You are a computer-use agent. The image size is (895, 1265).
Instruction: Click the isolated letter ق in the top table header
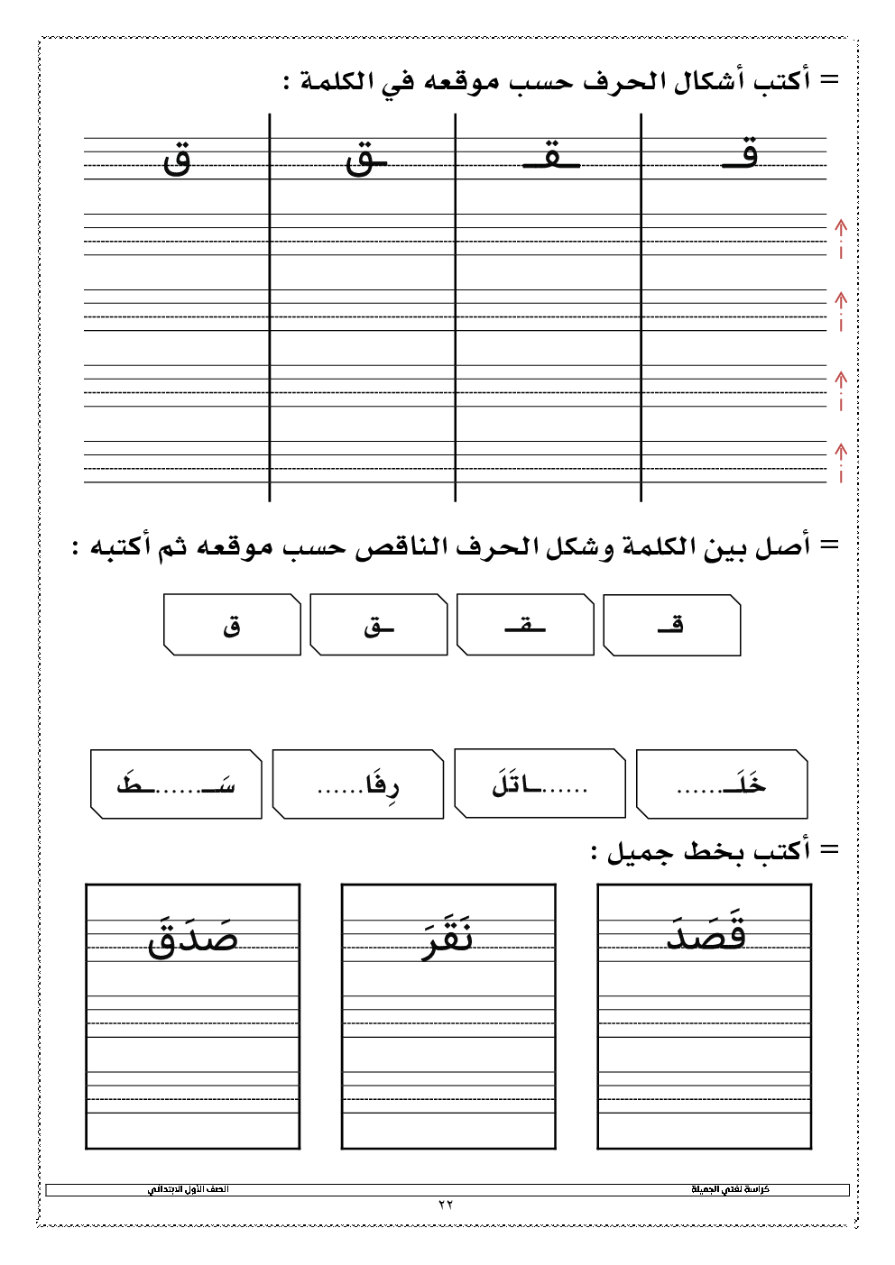pyautogui.click(x=178, y=160)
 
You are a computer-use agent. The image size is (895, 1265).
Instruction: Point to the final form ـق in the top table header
pyautogui.click(x=365, y=160)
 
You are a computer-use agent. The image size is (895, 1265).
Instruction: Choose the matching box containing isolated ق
pyautogui.click(x=232, y=625)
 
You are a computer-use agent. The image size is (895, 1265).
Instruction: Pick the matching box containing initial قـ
pyautogui.click(x=671, y=625)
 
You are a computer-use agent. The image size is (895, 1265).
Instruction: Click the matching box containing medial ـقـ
pyautogui.click(x=525, y=625)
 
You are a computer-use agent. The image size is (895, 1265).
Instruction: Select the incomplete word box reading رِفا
pyautogui.click(x=358, y=784)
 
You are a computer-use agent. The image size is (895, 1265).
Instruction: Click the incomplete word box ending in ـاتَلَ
pyautogui.click(x=540, y=784)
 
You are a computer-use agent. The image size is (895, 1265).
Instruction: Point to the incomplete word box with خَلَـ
pyautogui.click(x=721, y=784)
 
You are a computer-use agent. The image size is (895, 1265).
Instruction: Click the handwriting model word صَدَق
pyautogui.click(x=192, y=937)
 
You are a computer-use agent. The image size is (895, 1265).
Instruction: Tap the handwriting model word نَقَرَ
pyautogui.click(x=448, y=939)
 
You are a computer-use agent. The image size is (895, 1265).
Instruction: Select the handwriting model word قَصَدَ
pyautogui.click(x=706, y=934)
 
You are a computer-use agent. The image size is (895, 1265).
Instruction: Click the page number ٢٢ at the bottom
pyautogui.click(x=446, y=1205)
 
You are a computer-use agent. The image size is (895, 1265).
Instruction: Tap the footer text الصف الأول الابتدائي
pyautogui.click(x=189, y=1189)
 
